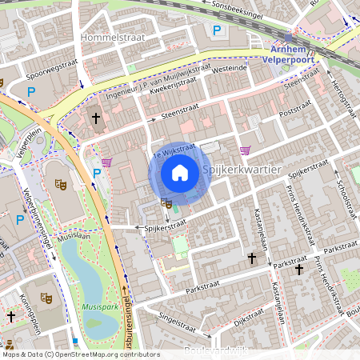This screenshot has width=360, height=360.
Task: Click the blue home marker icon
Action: [x=180, y=173]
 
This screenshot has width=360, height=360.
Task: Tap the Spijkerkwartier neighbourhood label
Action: [x=242, y=170]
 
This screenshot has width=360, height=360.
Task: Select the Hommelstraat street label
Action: [x=111, y=37]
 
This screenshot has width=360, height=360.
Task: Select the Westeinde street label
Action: [x=230, y=69]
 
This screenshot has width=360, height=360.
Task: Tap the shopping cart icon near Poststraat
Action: [x=245, y=150]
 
